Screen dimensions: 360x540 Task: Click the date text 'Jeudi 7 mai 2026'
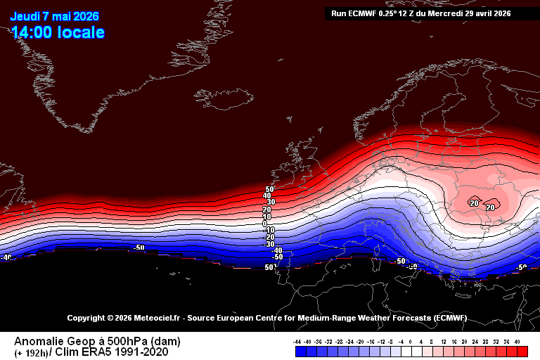pyautogui.click(x=54, y=17)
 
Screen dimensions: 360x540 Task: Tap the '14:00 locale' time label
pyautogui.click(x=58, y=32)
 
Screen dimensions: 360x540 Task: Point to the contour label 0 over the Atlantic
pyautogui.click(x=265, y=224)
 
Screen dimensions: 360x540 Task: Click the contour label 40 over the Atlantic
pyautogui.click(x=267, y=196)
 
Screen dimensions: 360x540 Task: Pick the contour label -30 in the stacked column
pyautogui.click(x=269, y=244)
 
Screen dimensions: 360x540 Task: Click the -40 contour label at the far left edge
pyautogui.click(x=6, y=258)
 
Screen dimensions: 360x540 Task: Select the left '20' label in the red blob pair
pyautogui.click(x=475, y=203)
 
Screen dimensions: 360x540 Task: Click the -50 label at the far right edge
pyautogui.click(x=521, y=268)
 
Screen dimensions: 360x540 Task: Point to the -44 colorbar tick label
pyautogui.click(x=298, y=342)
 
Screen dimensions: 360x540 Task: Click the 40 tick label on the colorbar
pyautogui.click(x=517, y=342)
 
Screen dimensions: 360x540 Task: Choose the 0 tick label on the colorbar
pyautogui.click(x=411, y=342)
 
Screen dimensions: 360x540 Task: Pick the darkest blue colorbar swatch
pyautogui.click(x=298, y=351)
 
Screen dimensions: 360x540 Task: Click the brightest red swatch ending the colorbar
pyautogui.click(x=522, y=351)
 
